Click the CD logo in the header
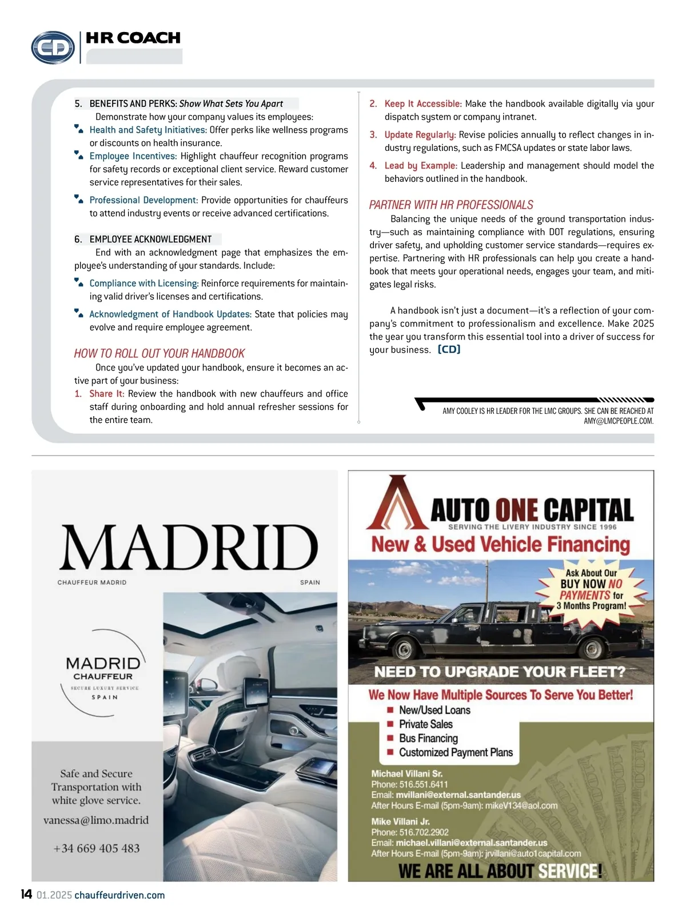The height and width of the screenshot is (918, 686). coord(53,47)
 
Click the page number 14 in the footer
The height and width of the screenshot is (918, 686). coord(26,894)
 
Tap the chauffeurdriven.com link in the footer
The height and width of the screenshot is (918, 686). coord(119,895)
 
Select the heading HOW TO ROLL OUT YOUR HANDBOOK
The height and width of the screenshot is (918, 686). coord(159,353)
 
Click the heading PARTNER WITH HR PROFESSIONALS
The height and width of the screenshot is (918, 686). coord(450,205)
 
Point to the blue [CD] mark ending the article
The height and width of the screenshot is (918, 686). coord(449,349)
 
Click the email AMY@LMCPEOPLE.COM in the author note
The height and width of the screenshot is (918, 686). coord(618,421)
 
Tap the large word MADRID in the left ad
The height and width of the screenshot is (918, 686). coord(188,547)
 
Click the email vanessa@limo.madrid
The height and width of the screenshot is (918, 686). coord(96,820)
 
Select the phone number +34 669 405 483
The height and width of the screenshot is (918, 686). coord(96,848)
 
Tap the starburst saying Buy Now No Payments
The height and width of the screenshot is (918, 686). coord(592,589)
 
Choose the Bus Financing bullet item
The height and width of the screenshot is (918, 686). coord(428,739)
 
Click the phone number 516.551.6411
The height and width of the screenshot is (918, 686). coord(423,784)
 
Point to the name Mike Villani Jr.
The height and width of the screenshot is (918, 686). coord(400,821)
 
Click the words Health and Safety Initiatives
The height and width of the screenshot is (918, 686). coord(148,130)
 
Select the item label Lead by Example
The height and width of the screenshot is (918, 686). coord(421,165)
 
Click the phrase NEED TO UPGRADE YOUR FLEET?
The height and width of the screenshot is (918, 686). coord(500,672)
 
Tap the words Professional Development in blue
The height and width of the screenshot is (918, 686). coord(143,200)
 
